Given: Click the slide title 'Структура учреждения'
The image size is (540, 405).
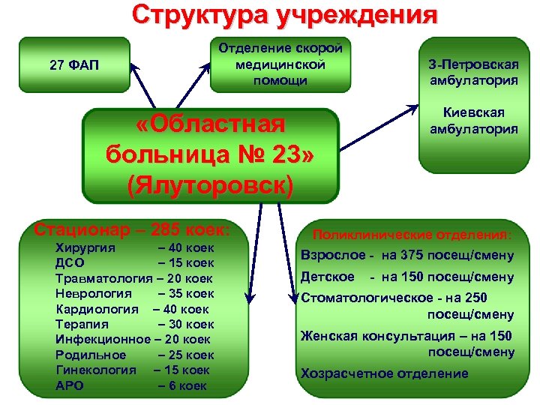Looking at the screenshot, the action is tap(284, 16).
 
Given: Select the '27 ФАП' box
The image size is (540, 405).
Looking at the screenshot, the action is tap(74, 65).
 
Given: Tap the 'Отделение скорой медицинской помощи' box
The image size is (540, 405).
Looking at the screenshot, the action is tap(280, 64).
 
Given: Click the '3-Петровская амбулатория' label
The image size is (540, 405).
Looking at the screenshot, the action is tap(473, 73).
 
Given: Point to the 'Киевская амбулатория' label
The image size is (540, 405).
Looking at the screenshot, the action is tap(473, 120).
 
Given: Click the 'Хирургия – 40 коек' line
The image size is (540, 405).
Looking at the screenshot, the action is tap(135, 248).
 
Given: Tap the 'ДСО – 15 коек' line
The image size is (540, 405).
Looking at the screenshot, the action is tap(135, 263).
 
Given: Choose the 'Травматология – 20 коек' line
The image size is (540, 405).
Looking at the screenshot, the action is tap(134, 278).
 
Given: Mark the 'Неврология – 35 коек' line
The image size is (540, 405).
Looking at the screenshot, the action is tap(135, 293).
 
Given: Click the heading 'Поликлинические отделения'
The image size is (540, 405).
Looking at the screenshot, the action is tap(412, 234).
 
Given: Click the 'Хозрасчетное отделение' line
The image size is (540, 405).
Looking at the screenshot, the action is tap(384, 373).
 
